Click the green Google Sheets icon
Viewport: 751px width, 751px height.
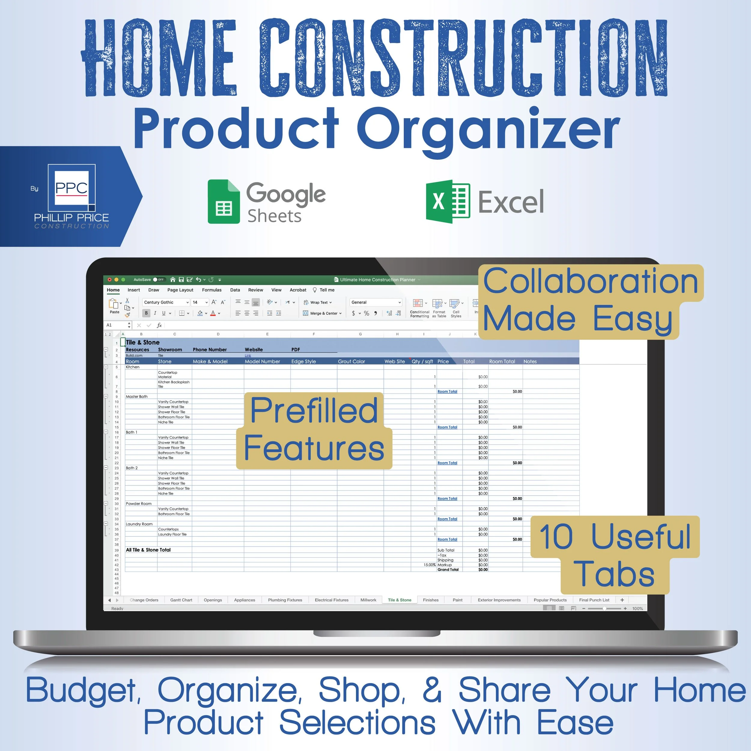tap(223, 202)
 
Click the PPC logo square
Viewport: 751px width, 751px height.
tap(71, 188)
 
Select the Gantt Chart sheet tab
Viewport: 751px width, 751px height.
tap(181, 600)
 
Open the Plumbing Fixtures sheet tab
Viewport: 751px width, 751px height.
tap(285, 600)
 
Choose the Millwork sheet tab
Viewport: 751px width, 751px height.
tap(368, 600)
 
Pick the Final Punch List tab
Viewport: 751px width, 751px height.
tap(594, 600)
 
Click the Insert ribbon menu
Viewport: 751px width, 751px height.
tap(134, 290)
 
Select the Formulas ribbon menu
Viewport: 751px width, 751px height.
tap(211, 290)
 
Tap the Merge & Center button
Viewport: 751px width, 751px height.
tap(322, 313)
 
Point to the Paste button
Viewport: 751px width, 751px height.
tap(114, 306)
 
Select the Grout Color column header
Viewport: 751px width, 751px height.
tap(351, 361)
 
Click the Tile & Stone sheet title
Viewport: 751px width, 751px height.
tap(143, 342)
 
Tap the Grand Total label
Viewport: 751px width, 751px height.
tap(448, 570)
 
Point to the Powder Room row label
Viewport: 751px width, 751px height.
tap(138, 504)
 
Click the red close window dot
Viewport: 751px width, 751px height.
tap(110, 279)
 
